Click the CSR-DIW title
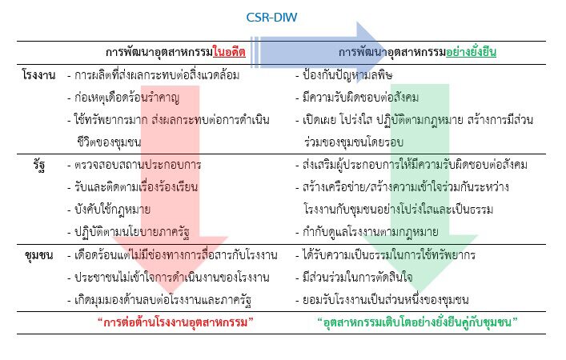tap(271, 18)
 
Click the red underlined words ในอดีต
tap(229, 52)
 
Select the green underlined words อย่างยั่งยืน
tap(471, 52)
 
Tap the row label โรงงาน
tap(38, 75)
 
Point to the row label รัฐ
tap(39, 166)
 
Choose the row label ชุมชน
tap(39, 255)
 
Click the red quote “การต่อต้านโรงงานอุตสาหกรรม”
tap(175, 322)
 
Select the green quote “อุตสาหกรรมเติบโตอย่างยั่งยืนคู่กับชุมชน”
tap(418, 322)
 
